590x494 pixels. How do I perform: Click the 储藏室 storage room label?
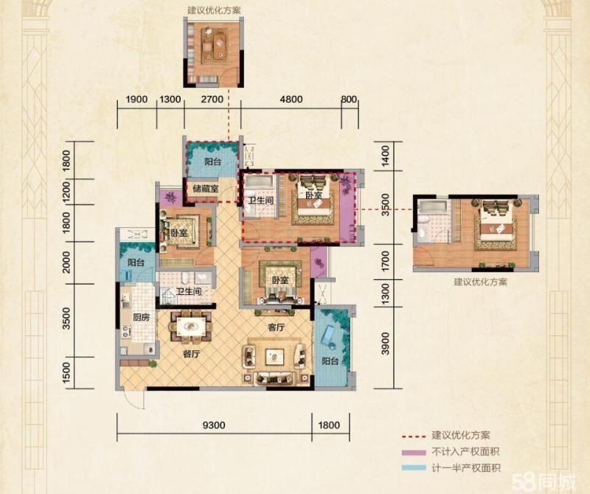point(206,188)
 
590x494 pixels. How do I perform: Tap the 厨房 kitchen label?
point(141,318)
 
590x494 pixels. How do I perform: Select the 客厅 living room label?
point(276,327)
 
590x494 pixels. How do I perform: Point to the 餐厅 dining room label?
point(191,354)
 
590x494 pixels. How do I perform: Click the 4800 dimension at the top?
point(291,100)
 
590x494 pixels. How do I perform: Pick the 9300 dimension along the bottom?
point(214,425)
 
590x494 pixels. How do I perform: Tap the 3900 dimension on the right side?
point(385,343)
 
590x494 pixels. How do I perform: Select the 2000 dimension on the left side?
point(66,262)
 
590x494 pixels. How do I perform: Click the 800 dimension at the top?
point(349,100)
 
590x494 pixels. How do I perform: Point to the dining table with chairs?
point(191,326)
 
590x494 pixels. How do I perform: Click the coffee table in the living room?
point(274,355)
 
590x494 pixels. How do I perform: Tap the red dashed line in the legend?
point(413,436)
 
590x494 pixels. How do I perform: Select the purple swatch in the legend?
point(413,453)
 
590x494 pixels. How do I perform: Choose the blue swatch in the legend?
point(413,468)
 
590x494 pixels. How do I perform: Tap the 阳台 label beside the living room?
point(330,361)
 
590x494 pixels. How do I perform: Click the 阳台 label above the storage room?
point(212,161)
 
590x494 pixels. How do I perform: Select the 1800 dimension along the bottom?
point(329,425)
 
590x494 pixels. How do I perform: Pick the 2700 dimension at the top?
point(212,100)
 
